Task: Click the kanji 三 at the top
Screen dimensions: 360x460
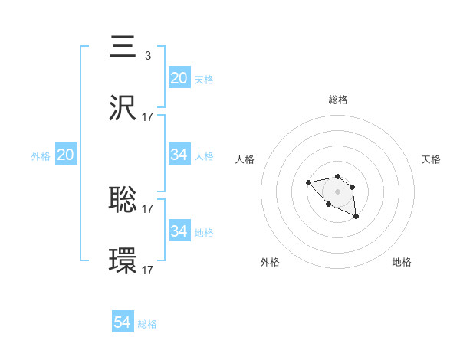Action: coord(123,48)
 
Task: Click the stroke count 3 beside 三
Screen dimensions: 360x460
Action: coord(147,55)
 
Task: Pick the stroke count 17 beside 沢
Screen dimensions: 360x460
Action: coord(148,116)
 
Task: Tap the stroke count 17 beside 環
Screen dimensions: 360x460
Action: coord(148,270)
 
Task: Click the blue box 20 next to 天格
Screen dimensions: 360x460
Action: coord(179,78)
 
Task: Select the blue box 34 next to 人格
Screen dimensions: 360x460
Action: coord(179,155)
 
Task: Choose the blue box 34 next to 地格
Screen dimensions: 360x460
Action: coord(179,231)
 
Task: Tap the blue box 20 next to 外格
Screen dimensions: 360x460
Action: coord(65,155)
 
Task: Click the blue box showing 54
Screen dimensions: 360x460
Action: coord(122,322)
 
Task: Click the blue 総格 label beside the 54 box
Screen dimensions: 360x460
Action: coord(147,324)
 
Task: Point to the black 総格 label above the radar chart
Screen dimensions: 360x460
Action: coord(337,100)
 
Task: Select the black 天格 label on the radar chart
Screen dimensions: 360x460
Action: coord(431,159)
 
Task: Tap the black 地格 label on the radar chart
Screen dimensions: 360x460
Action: coord(402,262)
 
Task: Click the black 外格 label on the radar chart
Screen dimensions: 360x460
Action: coord(270,262)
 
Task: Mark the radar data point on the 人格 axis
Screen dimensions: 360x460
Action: coord(308,182)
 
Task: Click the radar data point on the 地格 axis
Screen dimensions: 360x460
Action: coord(356,218)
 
